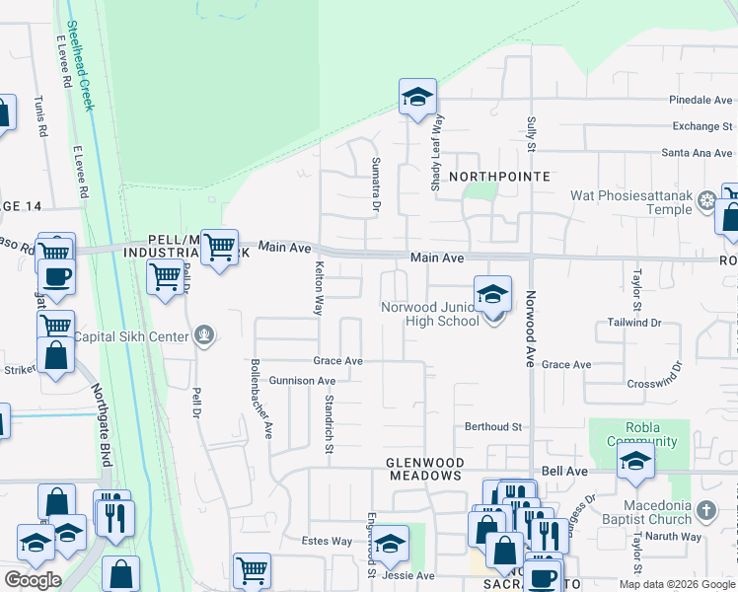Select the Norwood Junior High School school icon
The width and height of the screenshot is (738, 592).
click(492, 294)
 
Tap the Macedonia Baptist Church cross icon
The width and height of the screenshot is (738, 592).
click(704, 511)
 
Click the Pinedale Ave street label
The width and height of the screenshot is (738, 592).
click(701, 100)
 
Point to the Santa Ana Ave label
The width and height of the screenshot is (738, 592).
click(698, 153)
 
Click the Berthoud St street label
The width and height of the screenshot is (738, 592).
click(493, 426)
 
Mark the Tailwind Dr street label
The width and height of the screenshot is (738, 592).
click(627, 322)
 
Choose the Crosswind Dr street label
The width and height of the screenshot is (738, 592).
click(654, 381)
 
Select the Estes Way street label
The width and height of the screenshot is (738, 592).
click(327, 541)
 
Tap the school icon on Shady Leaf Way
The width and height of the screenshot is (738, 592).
click(417, 98)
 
